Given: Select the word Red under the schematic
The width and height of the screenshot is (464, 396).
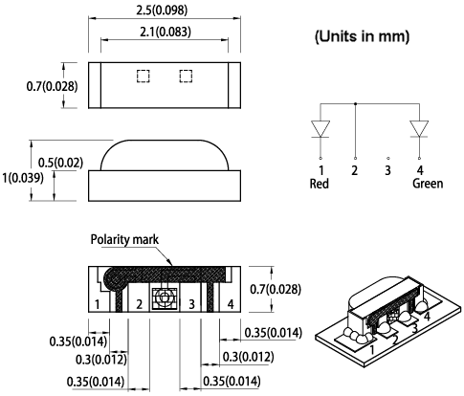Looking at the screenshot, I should [320, 185].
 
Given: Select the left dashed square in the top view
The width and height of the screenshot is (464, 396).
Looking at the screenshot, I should [143, 76].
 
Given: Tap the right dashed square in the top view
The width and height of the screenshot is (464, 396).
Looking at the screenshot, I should [185, 76].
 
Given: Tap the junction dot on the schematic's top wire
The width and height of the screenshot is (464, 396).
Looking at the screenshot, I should [355, 102].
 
